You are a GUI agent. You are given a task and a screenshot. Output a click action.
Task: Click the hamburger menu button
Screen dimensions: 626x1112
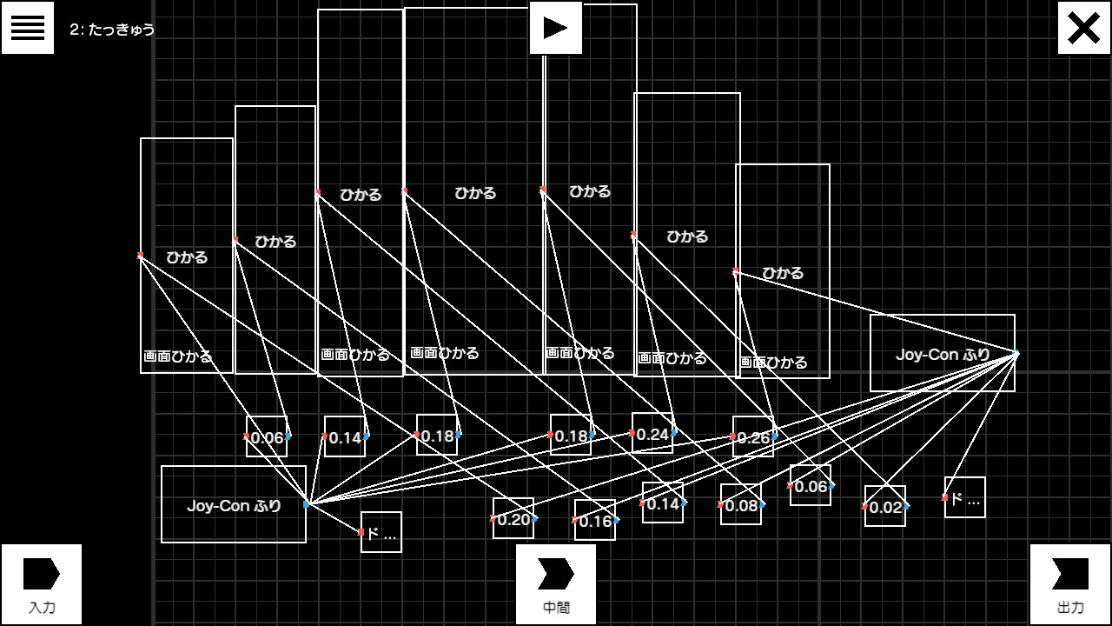(x=28, y=28)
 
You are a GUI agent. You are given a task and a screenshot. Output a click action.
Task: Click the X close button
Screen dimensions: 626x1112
(x=1083, y=28)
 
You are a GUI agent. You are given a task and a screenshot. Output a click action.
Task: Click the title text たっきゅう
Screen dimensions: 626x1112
(x=121, y=30)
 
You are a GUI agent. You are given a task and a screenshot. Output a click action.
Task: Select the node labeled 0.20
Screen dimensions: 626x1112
(x=513, y=519)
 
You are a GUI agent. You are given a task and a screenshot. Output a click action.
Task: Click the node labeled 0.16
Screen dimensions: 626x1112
(x=595, y=521)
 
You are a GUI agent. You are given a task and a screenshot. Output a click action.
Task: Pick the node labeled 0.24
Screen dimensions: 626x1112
(x=652, y=434)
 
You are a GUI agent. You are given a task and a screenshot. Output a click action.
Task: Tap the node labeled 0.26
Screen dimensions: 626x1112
(x=753, y=437)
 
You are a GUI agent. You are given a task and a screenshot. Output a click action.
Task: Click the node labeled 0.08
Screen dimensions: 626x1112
(x=741, y=505)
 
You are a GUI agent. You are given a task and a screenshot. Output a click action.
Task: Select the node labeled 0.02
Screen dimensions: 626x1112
(x=885, y=507)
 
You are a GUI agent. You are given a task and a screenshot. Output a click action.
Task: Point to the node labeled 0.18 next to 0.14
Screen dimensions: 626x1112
(x=437, y=436)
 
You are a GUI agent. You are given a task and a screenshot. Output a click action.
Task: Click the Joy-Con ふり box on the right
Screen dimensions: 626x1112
(x=943, y=354)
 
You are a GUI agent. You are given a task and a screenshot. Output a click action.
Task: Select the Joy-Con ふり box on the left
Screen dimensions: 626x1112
(x=234, y=505)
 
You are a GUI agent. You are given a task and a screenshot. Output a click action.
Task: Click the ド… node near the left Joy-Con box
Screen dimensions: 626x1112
(x=381, y=533)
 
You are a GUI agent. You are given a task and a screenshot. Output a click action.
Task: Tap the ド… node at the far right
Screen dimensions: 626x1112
(x=965, y=498)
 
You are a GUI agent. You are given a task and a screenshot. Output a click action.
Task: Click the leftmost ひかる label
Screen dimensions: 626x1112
(x=187, y=257)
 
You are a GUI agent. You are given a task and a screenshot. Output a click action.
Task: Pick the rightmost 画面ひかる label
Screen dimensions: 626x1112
(x=773, y=362)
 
